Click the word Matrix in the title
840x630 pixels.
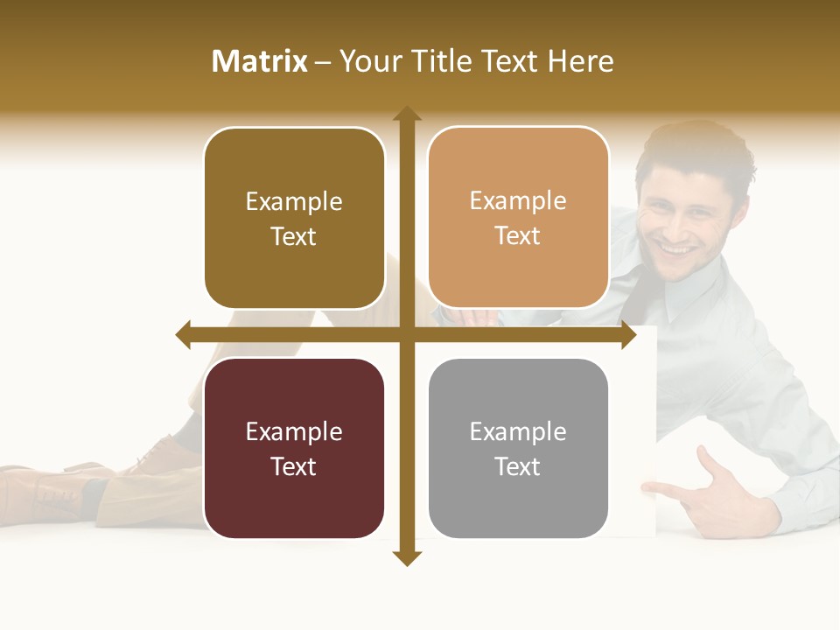pos(260,61)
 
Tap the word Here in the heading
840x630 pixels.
pos(581,61)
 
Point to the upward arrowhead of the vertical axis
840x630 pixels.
pos(407,113)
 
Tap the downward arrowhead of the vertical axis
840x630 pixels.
pos(407,558)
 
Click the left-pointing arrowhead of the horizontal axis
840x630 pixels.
pos(184,335)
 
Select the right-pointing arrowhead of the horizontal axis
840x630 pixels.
pos(628,335)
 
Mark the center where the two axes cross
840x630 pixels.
pos(407,335)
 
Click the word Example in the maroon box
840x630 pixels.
pos(294,431)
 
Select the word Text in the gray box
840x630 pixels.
pos(518,466)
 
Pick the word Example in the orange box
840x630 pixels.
pos(518,201)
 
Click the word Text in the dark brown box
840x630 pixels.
pos(294,236)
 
